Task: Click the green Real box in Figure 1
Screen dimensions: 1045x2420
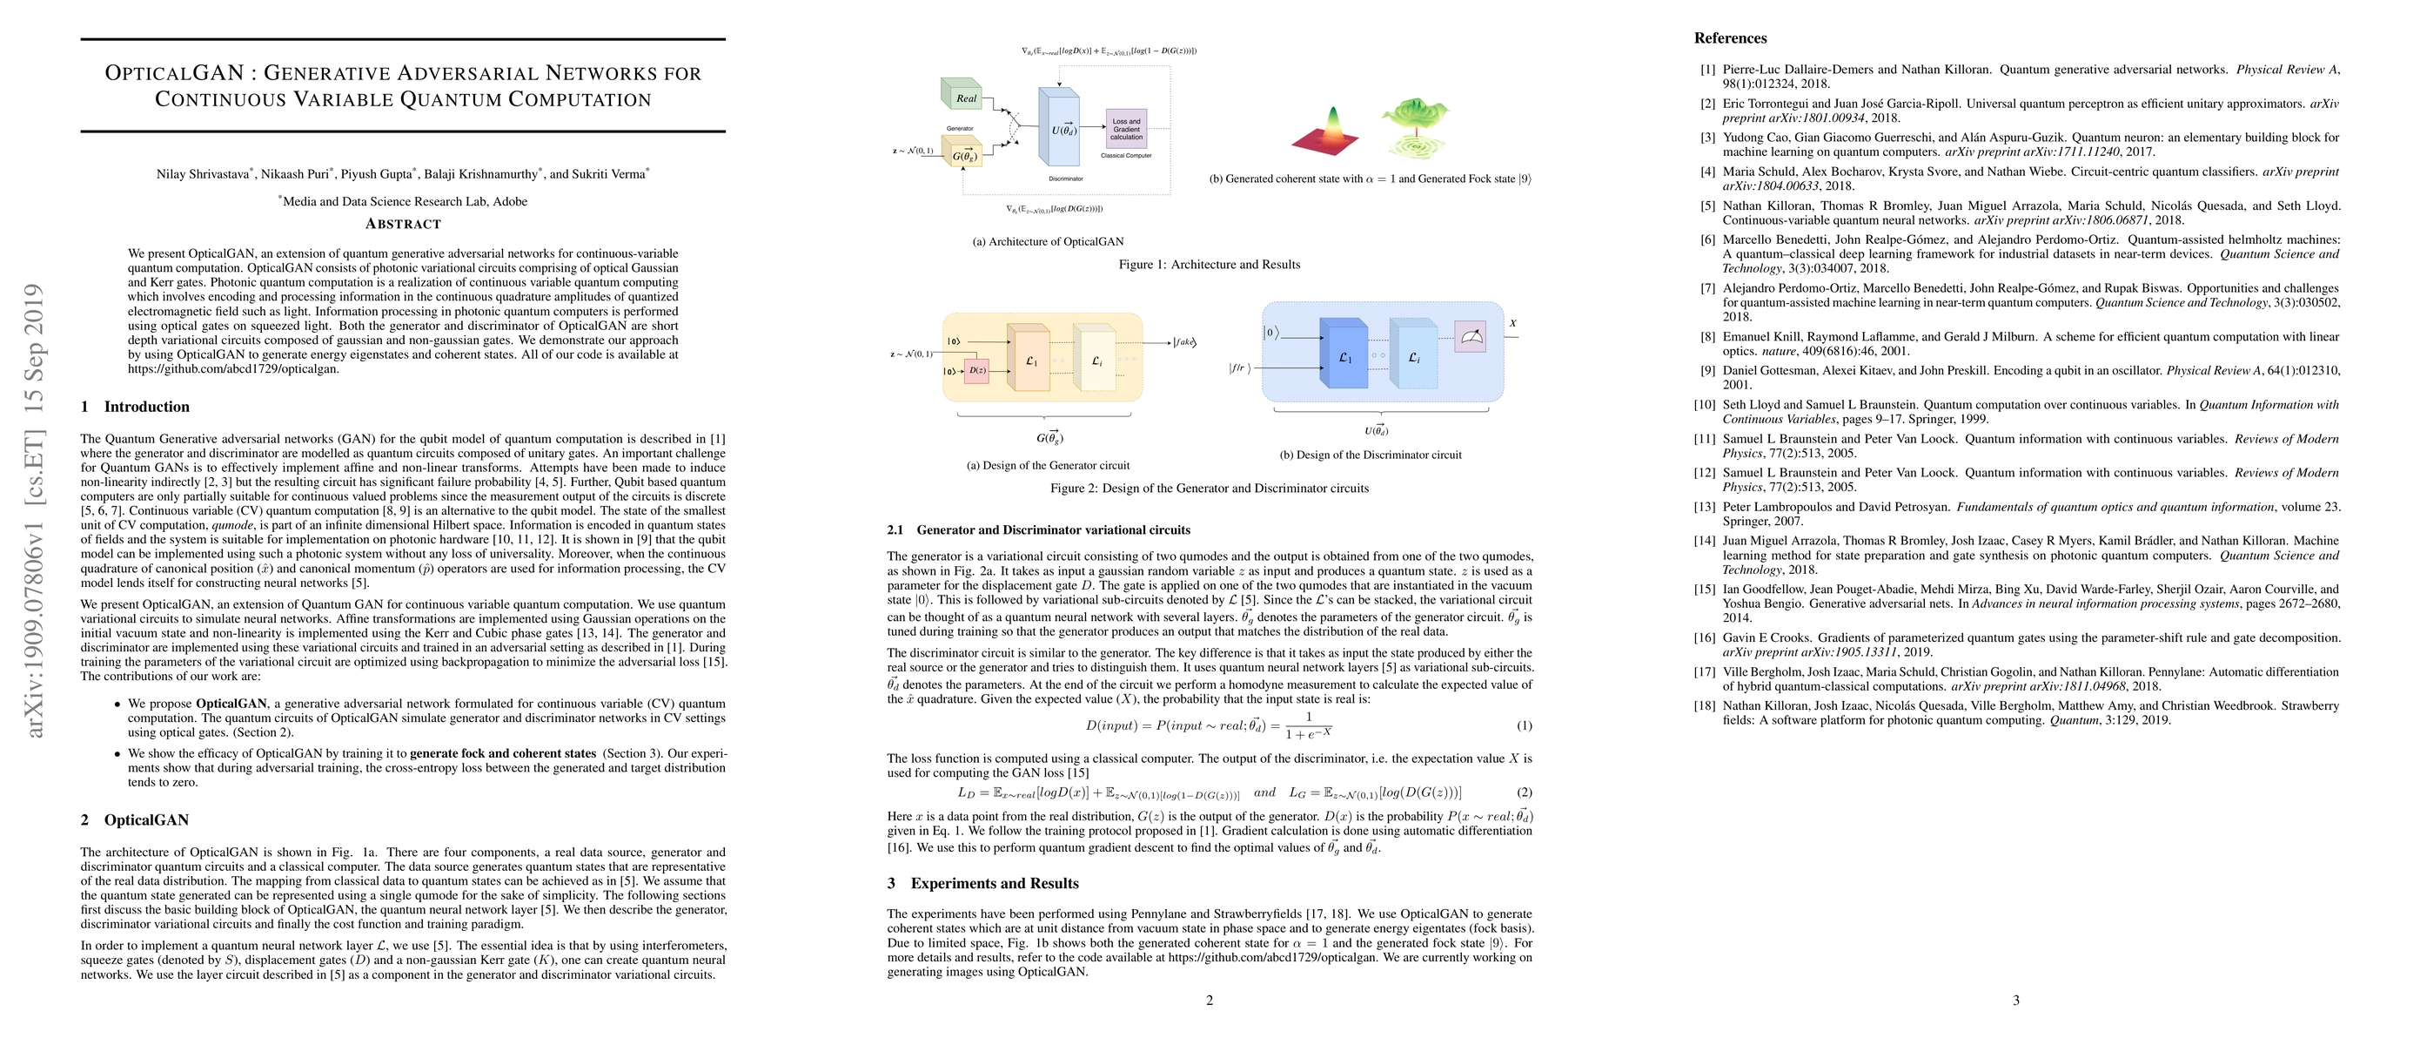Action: pyautogui.click(x=962, y=95)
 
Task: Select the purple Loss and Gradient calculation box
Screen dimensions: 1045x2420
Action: pyautogui.click(x=1125, y=129)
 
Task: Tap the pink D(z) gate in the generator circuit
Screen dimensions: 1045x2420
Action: pyautogui.click(x=977, y=370)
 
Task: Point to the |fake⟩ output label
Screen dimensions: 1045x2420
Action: pyautogui.click(x=1184, y=342)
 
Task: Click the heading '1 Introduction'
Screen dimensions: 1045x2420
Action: pyautogui.click(x=135, y=407)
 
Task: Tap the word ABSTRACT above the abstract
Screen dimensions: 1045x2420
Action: pyautogui.click(x=403, y=224)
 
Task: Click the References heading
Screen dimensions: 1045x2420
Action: pyautogui.click(x=1731, y=38)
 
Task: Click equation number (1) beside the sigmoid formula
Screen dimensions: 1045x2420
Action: pyautogui.click(x=1524, y=725)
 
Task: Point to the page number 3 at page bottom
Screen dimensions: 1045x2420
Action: pyautogui.click(x=2016, y=1000)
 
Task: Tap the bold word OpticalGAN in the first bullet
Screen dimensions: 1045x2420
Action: pyautogui.click(x=231, y=703)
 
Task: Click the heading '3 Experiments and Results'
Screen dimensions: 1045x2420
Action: pyautogui.click(x=982, y=883)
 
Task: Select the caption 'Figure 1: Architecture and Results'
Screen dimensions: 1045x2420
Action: pyautogui.click(x=1209, y=265)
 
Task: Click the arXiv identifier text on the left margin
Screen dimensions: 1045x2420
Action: pyautogui.click(x=35, y=509)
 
